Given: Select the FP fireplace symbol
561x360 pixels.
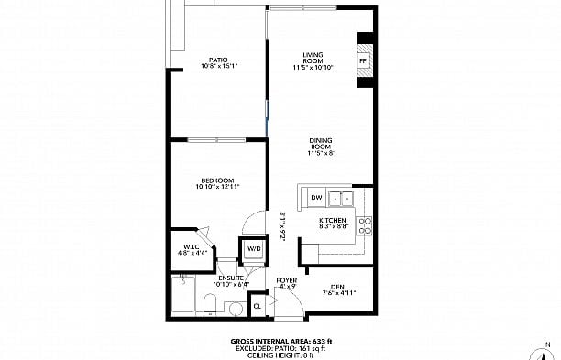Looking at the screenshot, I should click(x=364, y=61).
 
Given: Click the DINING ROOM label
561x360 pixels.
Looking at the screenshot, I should click(x=319, y=144).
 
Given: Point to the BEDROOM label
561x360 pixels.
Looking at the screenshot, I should click(x=217, y=180).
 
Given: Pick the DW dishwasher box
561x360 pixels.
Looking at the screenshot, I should click(x=315, y=197).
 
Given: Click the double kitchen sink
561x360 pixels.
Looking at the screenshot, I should click(x=341, y=197).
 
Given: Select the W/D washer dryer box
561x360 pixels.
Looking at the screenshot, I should click(x=253, y=249).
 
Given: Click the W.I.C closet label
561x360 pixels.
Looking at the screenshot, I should click(x=192, y=245).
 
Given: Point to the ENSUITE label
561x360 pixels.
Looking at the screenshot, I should click(x=231, y=277).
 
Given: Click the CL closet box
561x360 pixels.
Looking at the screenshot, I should click(x=258, y=305).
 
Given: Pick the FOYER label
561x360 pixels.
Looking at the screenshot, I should click(x=287, y=280).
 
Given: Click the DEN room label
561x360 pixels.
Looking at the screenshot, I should click(x=338, y=286).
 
